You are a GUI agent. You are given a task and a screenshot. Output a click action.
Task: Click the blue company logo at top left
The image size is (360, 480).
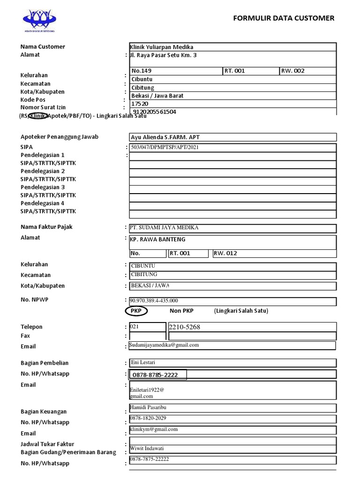pyautogui.click(x=40, y=19)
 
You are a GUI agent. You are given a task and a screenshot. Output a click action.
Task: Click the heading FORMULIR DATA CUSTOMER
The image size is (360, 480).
pyautogui.click(x=284, y=18)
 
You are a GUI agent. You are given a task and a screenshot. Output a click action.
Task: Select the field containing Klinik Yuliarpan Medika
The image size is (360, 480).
pyautogui.click(x=162, y=47)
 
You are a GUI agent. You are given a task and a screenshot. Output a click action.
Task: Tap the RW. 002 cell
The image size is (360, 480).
pyautogui.click(x=292, y=71)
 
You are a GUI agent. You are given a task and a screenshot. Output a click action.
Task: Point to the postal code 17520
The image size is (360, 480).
pyautogui.click(x=140, y=104)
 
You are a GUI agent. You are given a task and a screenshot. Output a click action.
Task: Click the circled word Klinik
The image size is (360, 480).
pyautogui.click(x=38, y=116)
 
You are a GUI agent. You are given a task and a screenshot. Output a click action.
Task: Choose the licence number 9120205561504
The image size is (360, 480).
pyautogui.click(x=155, y=112)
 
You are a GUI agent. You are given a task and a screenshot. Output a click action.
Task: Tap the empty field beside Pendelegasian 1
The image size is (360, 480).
pyautogui.click(x=232, y=155)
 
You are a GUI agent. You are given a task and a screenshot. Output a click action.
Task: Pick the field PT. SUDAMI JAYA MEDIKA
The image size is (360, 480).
pyautogui.click(x=165, y=228)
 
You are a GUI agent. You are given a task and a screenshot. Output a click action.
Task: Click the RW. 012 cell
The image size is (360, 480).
pyautogui.click(x=225, y=253)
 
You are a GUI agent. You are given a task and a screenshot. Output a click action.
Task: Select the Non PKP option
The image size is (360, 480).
pyautogui.click(x=181, y=311)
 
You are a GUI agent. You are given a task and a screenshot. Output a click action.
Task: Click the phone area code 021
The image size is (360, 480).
pyautogui.click(x=135, y=327)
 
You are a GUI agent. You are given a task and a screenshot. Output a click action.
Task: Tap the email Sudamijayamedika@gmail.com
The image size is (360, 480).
pyautogui.click(x=165, y=345)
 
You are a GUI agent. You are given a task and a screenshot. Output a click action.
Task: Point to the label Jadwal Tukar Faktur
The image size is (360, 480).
pyautogui.click(x=47, y=444)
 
